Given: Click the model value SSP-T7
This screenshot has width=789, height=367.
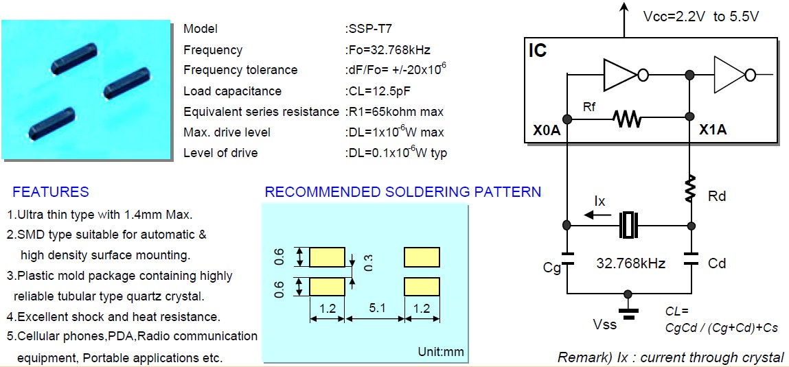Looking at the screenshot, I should click(x=370, y=29).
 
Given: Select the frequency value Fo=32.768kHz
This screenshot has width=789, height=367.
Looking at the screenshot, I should click(x=388, y=49).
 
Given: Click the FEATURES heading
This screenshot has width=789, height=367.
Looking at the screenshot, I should click(x=51, y=192).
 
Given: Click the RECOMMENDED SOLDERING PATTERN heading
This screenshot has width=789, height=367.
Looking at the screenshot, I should click(x=402, y=192).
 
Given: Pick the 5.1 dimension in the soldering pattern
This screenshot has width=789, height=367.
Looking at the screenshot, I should click(x=377, y=309).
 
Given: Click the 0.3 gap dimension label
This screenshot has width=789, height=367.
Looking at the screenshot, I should click(x=368, y=262).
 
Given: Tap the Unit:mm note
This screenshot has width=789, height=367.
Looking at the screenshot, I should click(x=441, y=353).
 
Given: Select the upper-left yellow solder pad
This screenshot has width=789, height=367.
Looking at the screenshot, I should click(x=327, y=257).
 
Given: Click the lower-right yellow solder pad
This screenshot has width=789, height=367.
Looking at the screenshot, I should click(x=422, y=287).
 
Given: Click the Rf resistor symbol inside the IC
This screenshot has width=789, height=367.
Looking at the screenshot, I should click(x=628, y=119).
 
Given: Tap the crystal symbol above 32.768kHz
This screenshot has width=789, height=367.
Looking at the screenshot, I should click(x=629, y=225).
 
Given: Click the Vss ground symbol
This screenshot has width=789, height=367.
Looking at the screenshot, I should click(x=627, y=307).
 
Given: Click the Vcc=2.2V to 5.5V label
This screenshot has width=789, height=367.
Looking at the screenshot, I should click(x=700, y=16).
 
